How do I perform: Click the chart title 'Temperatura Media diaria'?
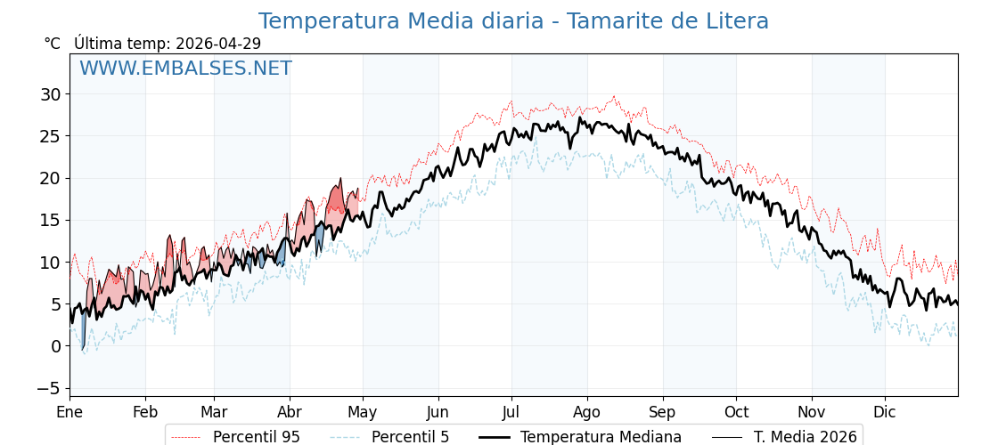(x=513, y=21)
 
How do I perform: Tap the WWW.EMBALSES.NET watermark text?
(x=185, y=69)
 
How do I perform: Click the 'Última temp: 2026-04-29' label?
(x=168, y=44)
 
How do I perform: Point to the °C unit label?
(x=53, y=44)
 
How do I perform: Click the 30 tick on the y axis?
(x=50, y=94)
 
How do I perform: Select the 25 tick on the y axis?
(x=50, y=136)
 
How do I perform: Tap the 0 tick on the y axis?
(x=55, y=346)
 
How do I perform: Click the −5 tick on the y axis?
(x=48, y=388)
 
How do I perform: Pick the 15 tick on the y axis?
(x=50, y=220)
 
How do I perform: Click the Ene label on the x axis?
(x=70, y=413)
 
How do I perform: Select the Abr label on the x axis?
(x=290, y=413)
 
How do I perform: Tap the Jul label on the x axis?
(x=511, y=413)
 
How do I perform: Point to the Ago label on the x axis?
(x=587, y=413)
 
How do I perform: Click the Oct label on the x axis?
(x=736, y=413)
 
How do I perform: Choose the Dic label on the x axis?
(x=885, y=413)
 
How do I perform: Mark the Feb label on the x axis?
(x=145, y=413)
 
